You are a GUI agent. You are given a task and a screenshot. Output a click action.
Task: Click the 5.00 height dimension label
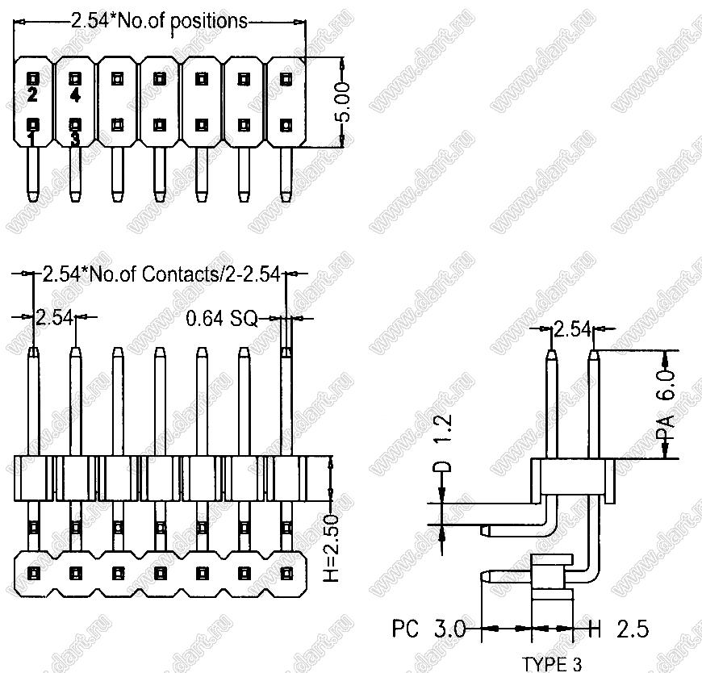[343, 102]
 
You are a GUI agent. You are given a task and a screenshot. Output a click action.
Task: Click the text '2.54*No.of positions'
[159, 21]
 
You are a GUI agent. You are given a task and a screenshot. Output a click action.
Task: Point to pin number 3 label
[74, 139]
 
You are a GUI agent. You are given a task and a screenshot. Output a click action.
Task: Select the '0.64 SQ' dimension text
[221, 319]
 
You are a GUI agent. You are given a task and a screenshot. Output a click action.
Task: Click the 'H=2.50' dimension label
[336, 537]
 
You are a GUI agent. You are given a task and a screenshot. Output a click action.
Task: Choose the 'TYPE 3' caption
[551, 664]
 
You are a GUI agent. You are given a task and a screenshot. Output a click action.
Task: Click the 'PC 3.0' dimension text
[428, 628]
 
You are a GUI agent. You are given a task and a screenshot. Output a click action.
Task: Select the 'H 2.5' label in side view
[617, 628]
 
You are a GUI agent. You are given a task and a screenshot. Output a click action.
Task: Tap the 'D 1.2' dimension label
[443, 445]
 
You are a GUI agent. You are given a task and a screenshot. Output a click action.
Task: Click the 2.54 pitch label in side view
[571, 328]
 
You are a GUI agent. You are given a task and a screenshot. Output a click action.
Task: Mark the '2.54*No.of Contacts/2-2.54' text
[160, 274]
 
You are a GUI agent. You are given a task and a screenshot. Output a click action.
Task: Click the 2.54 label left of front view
[56, 317]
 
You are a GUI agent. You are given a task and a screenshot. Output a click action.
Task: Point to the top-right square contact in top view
[285, 79]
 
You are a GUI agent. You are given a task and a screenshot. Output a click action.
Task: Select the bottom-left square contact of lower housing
[33, 573]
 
